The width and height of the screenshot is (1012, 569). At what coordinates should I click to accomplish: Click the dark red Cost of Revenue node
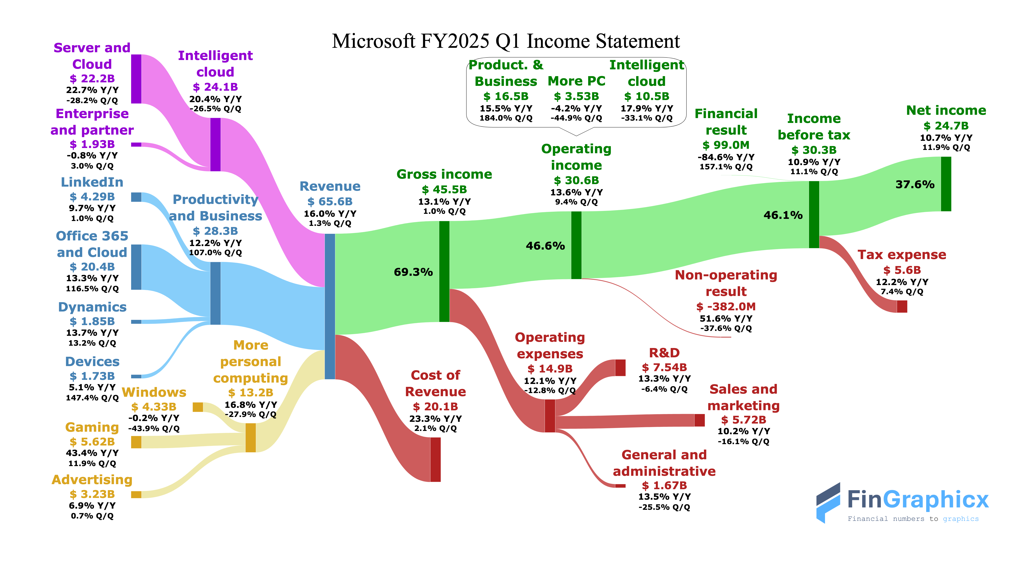[435, 459]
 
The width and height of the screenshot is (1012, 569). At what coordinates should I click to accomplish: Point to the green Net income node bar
[946, 184]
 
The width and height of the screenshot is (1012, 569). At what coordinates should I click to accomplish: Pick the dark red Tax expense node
[902, 306]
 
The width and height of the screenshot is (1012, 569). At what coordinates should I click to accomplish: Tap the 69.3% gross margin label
[413, 272]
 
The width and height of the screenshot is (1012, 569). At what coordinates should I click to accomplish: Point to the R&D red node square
[620, 368]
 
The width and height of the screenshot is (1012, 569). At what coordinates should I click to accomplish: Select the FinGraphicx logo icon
[828, 503]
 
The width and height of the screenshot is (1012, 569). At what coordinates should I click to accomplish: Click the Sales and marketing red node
[699, 420]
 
